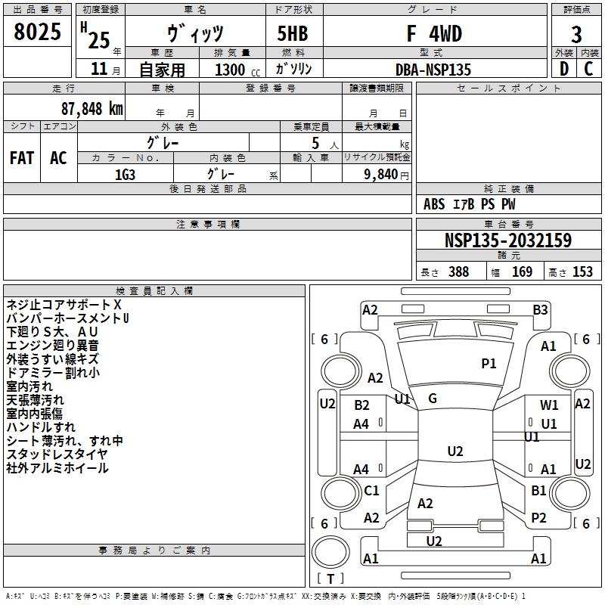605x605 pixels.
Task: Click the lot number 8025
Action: coord(37,32)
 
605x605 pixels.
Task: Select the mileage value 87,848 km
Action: coord(92,109)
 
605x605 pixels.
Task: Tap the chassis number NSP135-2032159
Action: coord(508,240)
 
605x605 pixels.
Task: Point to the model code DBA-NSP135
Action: coord(433,70)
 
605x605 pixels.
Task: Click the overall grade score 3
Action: coord(576,35)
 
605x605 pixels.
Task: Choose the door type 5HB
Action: coord(293,33)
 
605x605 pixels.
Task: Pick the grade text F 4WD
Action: coord(434,33)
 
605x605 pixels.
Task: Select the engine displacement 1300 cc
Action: coord(237,70)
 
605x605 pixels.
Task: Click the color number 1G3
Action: coord(125,175)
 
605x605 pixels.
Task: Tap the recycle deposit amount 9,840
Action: coord(381,175)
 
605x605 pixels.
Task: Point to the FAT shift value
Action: coord(22,158)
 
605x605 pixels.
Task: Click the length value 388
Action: coord(459,271)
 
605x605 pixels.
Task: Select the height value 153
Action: coord(582,271)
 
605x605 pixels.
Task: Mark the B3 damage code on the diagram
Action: coord(540,310)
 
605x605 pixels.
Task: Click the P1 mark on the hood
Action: coord(489,363)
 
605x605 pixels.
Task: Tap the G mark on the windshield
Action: coord(433,399)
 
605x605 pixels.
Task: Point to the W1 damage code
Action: coord(549,405)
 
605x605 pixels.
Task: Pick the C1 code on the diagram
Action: coord(371,490)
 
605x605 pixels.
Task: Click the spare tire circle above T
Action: coord(330,552)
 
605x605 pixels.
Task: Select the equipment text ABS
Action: coord(434,204)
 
